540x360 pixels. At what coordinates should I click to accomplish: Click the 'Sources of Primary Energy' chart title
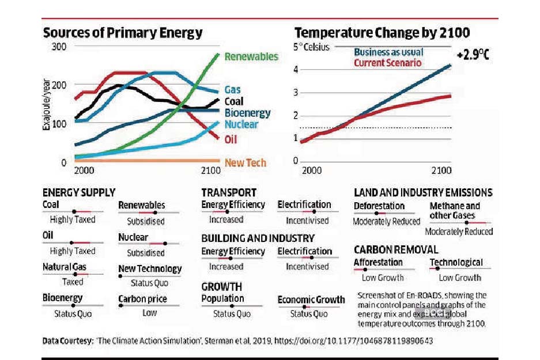[123, 33]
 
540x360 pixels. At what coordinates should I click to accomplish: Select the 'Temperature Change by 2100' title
[382, 33]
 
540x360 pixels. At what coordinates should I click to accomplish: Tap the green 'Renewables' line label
[251, 56]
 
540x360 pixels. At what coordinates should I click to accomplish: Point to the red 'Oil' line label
[231, 139]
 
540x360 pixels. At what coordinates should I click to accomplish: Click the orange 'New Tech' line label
[246, 162]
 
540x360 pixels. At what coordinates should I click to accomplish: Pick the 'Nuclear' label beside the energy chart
[241, 124]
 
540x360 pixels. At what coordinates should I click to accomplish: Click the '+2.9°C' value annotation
[473, 55]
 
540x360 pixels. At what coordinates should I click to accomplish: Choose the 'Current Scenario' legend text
[387, 62]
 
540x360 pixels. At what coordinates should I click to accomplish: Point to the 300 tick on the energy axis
[59, 46]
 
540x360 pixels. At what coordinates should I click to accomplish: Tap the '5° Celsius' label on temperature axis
[311, 47]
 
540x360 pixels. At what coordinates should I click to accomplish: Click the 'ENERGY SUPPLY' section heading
[79, 192]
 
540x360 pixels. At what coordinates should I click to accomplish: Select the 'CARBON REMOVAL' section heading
[396, 249]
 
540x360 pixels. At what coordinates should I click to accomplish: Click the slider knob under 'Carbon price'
[120, 306]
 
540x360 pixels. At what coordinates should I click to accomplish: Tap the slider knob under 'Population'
[231, 306]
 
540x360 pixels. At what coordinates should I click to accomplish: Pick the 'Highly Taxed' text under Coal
[73, 219]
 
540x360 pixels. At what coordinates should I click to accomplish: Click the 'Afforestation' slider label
[378, 263]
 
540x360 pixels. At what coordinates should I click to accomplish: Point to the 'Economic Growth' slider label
[311, 300]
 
